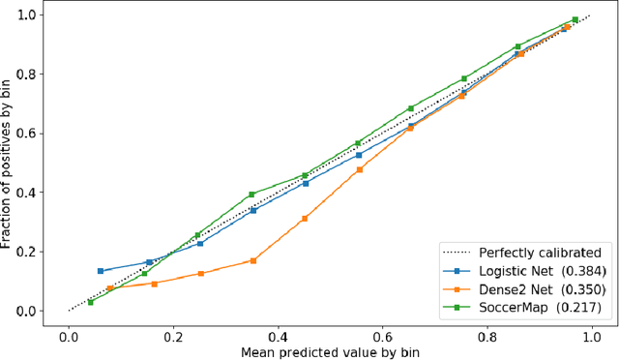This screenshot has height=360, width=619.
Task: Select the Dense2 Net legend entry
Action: [x=520, y=289]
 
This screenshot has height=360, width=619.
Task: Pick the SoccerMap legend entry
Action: [x=520, y=309]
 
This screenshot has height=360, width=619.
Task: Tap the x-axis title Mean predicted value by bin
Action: [x=330, y=350]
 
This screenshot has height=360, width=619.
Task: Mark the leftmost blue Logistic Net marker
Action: [x=100, y=271]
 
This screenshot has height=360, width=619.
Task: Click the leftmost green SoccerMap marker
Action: [x=90, y=302]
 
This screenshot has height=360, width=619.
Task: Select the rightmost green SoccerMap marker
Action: [x=575, y=19]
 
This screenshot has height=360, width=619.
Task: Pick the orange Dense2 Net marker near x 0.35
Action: [x=252, y=260]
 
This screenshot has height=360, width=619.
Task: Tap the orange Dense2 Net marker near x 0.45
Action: [x=305, y=219]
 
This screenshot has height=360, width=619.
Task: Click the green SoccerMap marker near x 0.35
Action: [x=251, y=195]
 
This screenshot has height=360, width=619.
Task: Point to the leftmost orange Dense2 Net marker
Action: [x=109, y=288]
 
